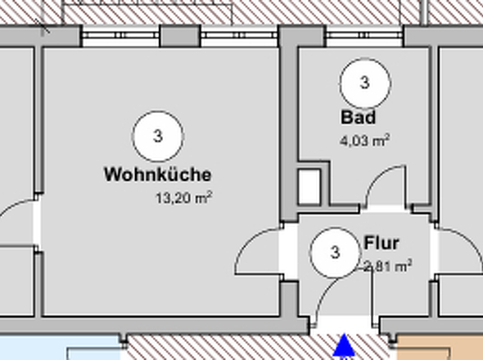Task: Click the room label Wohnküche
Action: click(158, 174)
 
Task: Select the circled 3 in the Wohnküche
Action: click(157, 136)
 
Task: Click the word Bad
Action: click(359, 117)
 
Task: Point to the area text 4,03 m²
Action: click(364, 140)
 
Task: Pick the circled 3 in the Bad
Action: click(364, 83)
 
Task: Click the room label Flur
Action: click(381, 243)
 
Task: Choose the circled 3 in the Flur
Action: click(335, 253)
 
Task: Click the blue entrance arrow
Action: click(345, 346)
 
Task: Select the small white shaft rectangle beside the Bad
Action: click(309, 187)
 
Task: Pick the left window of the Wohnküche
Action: click(120, 36)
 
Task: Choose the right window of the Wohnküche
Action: click(239, 36)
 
